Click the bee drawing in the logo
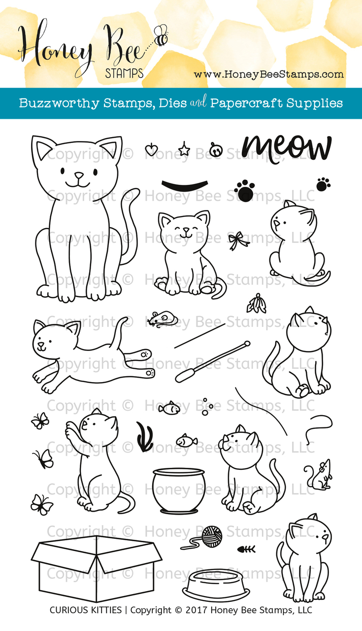pos(161,35)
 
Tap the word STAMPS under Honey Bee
pos(125,73)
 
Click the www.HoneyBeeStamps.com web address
pos(268,74)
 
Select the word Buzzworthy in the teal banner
pos(59,104)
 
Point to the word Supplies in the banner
pos(314,104)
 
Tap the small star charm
pos(184,149)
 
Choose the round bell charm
pos(216,150)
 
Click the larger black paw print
pos(245,191)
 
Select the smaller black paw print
pos(323,184)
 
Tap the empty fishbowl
pos(178,490)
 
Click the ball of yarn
pos(212,537)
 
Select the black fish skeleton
pos(246,549)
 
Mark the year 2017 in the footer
pos(197,610)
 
